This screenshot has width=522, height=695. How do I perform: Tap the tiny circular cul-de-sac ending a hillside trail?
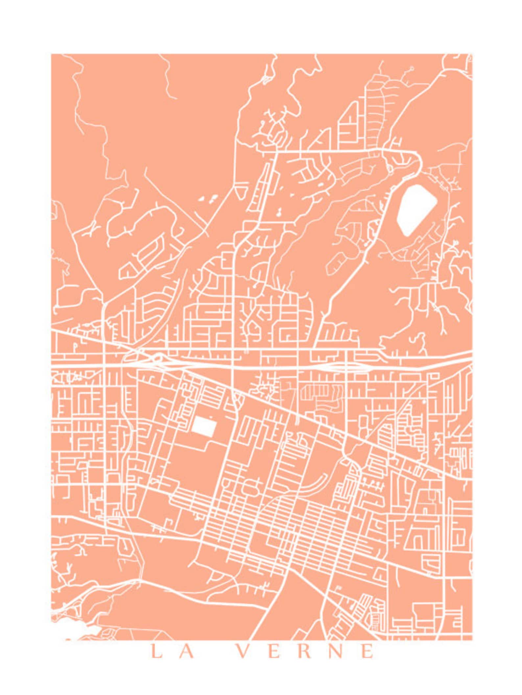(x=411, y=68)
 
